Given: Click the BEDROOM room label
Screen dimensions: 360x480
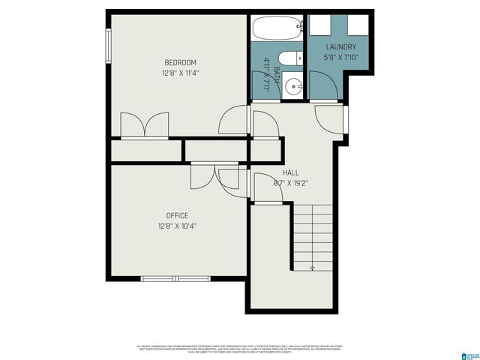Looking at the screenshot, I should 180,62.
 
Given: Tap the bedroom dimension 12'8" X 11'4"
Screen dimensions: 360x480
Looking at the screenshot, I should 180,73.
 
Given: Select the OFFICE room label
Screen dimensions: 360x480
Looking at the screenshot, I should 177,215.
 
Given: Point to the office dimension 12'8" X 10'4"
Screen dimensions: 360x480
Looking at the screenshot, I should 177,226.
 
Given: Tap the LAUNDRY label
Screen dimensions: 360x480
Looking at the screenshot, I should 340,47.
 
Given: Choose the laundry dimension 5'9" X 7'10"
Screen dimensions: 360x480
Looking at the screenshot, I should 340,57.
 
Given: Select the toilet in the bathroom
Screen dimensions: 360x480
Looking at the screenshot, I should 289,58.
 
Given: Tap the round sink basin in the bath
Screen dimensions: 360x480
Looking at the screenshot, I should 293,84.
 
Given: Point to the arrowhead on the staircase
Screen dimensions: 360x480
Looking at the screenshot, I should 312,266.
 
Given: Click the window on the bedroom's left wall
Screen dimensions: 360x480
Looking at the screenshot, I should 109,46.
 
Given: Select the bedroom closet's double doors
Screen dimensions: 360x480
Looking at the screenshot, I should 145,126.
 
